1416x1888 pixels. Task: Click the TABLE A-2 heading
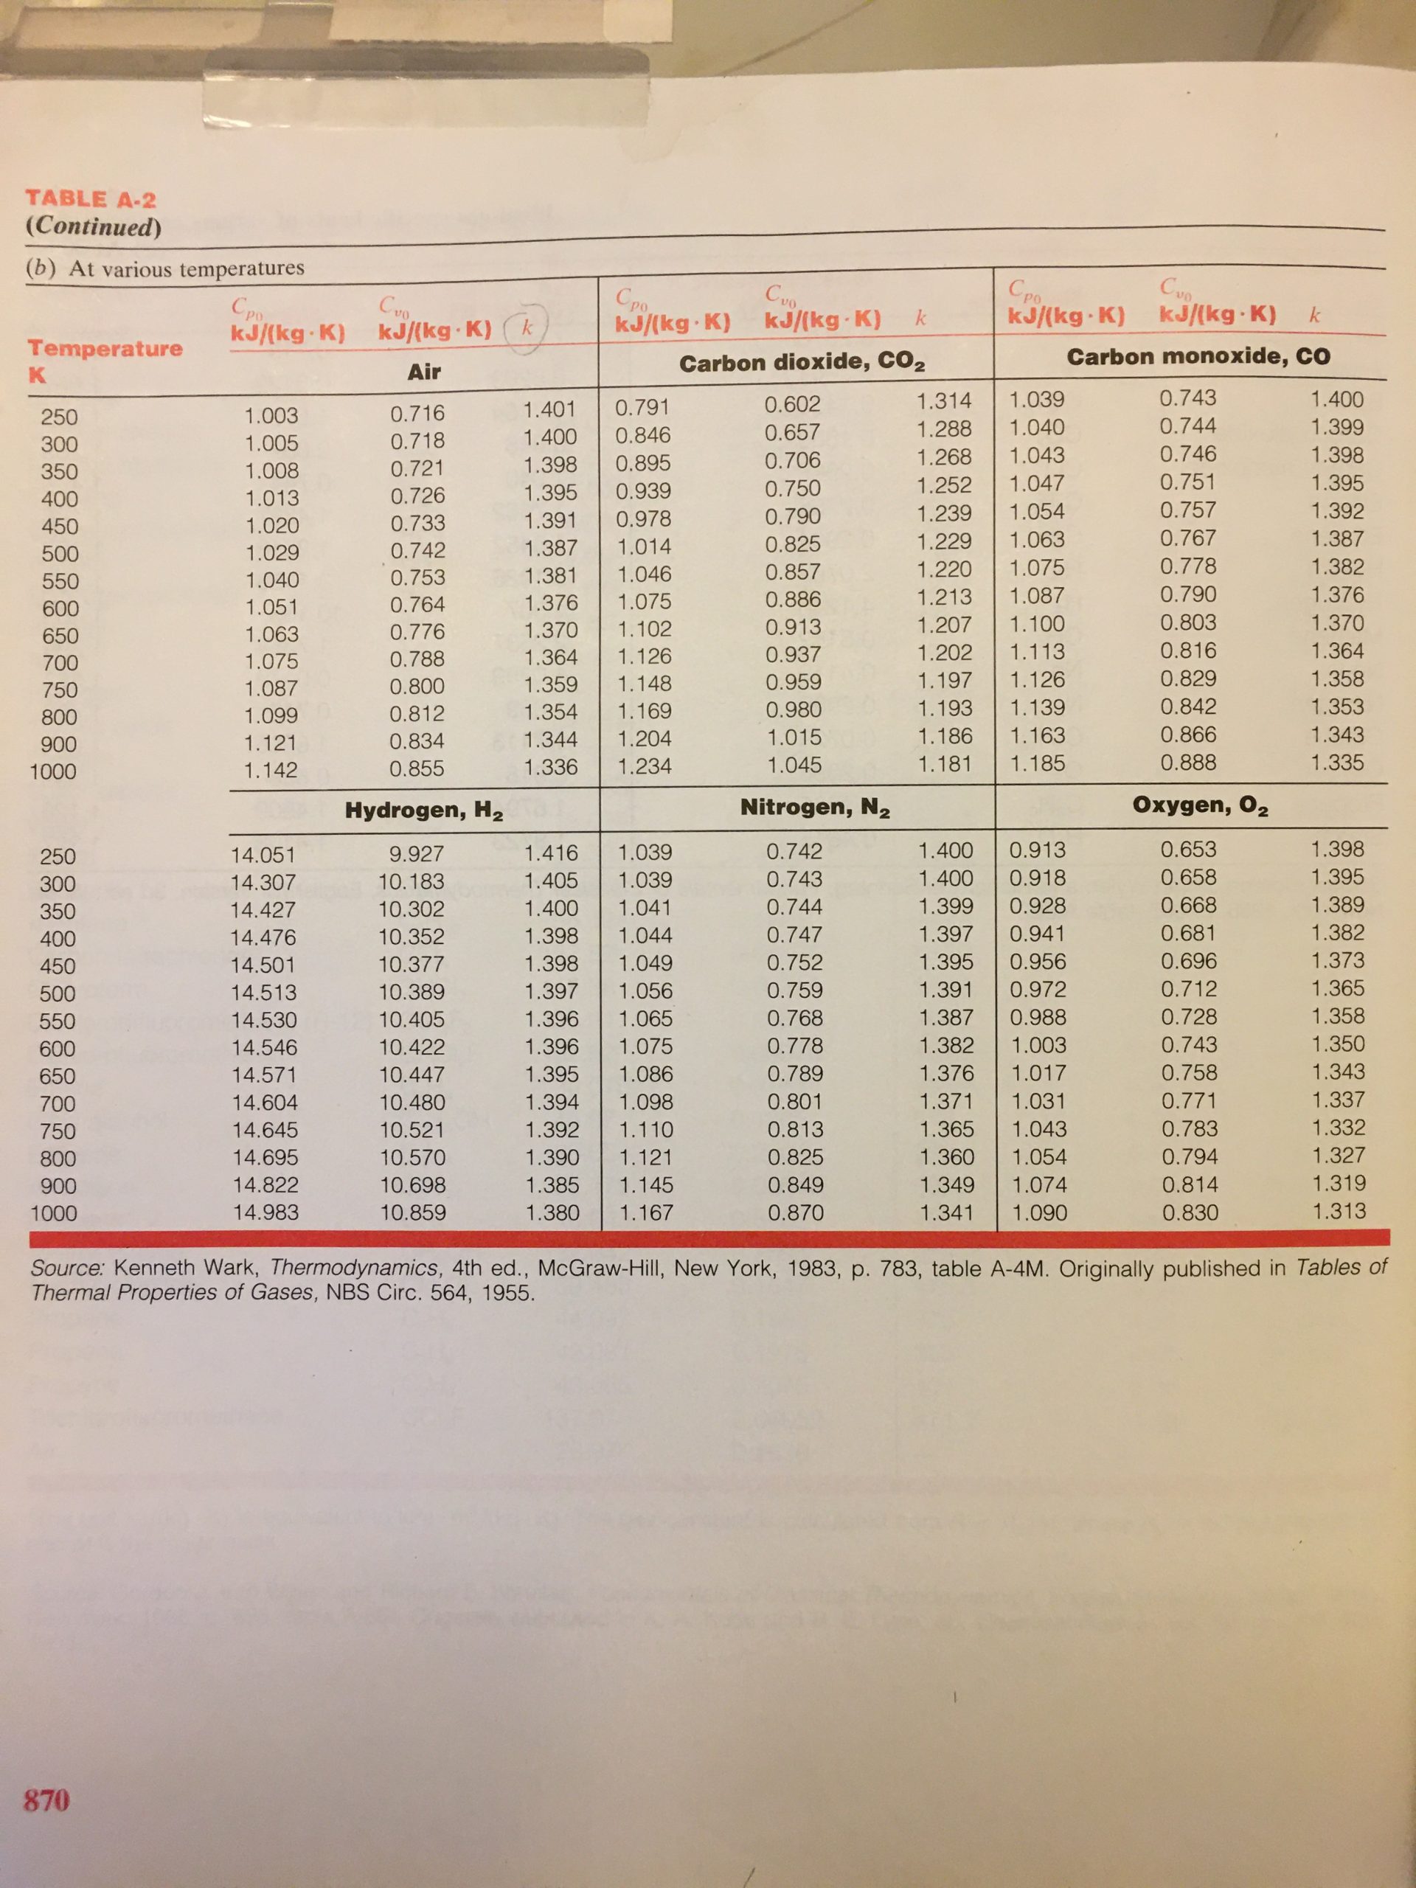(x=91, y=200)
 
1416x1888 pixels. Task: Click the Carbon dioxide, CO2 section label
(x=802, y=363)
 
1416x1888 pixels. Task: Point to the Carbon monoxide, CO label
(x=1198, y=356)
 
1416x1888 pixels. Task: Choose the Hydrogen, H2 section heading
(x=423, y=811)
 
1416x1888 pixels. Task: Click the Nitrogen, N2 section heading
(x=815, y=808)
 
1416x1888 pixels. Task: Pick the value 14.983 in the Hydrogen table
(x=265, y=1212)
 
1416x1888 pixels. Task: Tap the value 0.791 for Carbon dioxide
(x=642, y=406)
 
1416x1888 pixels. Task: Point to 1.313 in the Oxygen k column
(x=1339, y=1210)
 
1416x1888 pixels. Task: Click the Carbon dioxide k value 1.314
(x=943, y=400)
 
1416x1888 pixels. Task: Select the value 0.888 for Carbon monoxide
(x=1190, y=762)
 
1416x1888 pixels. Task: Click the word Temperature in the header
(x=105, y=348)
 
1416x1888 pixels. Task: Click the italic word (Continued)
(x=93, y=227)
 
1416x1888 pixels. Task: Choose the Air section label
(x=423, y=371)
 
